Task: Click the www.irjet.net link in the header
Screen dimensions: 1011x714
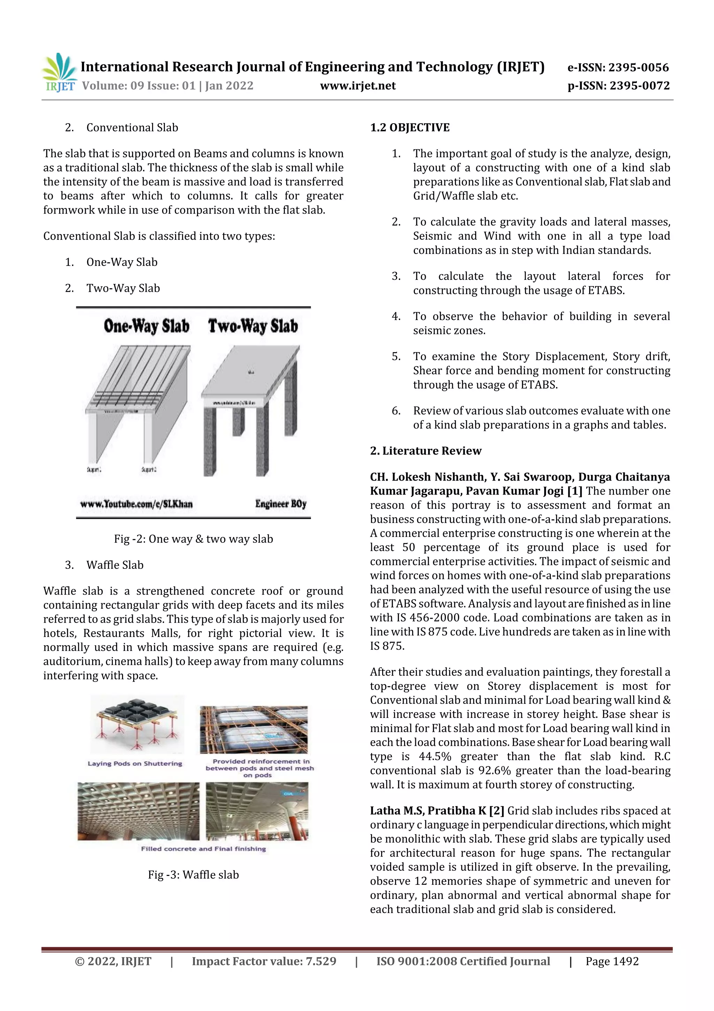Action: point(358,86)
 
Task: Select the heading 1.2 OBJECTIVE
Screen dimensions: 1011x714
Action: point(410,128)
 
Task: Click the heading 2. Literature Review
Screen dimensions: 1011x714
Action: point(425,451)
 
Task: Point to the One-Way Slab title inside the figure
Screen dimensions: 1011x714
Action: point(146,326)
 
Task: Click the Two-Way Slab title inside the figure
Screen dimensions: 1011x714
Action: point(253,326)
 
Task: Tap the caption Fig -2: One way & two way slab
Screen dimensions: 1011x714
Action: point(193,539)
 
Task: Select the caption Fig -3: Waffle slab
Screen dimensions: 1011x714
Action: point(193,875)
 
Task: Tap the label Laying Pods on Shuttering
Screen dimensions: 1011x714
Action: point(135,764)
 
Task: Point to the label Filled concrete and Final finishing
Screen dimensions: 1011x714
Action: point(203,848)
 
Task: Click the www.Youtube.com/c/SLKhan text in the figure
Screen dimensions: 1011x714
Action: point(136,504)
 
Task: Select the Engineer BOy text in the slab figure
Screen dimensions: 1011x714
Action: point(281,504)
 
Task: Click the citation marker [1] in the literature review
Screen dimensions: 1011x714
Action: point(575,491)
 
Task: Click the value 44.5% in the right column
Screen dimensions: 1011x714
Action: point(435,757)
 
